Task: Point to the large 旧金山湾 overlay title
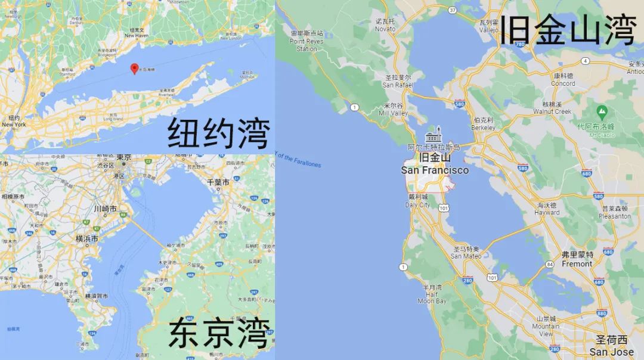[568, 30]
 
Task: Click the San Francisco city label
[434, 165]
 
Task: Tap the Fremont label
[577, 259]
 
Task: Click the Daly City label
[417, 201]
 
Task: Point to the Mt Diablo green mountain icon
[602, 111]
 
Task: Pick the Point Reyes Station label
[306, 41]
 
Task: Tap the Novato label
[385, 25]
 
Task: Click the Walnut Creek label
[552, 108]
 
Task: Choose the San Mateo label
[466, 253]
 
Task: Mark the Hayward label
[546, 209]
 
